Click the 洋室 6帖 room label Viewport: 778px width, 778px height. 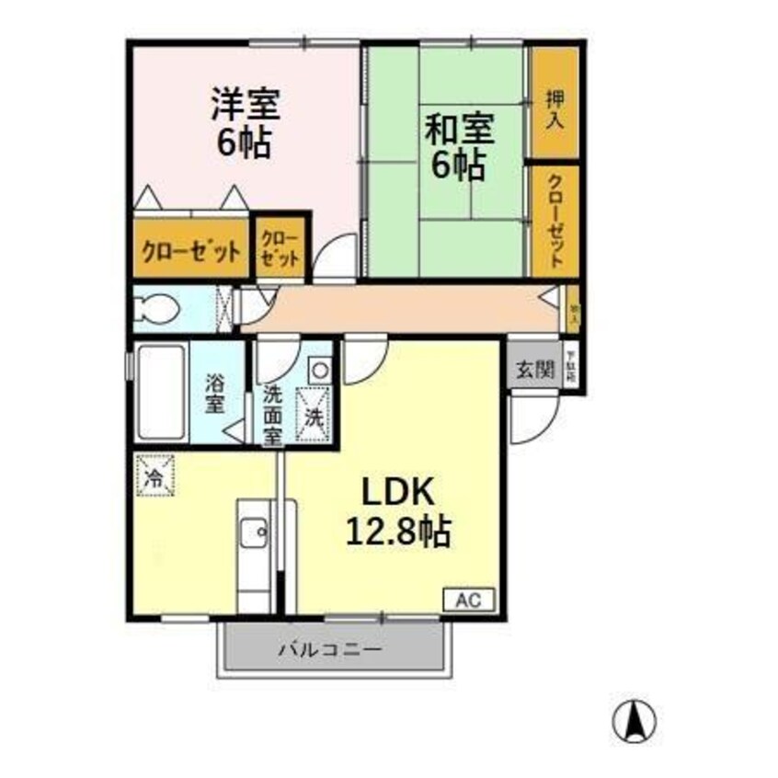pyautogui.click(x=245, y=122)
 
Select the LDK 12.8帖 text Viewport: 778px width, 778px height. pyautogui.click(x=396, y=512)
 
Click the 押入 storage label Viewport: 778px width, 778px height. pyautogui.click(x=555, y=109)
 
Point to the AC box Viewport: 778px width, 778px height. pyautogui.click(x=471, y=600)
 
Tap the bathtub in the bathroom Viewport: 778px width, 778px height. pyautogui.click(x=162, y=394)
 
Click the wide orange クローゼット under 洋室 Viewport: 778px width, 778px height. pyautogui.click(x=190, y=248)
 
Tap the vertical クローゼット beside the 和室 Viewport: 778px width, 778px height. pyautogui.click(x=555, y=221)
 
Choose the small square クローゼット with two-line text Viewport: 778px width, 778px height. pyautogui.click(x=279, y=246)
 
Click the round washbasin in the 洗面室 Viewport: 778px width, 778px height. pyautogui.click(x=317, y=370)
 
